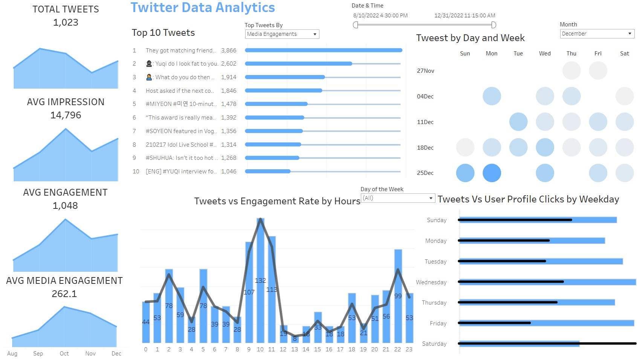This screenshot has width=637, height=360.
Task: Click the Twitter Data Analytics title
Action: [x=203, y=8]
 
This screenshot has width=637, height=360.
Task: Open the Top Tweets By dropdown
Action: [x=282, y=34]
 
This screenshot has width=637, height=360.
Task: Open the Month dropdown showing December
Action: [x=597, y=34]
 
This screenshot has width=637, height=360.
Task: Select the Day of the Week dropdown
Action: [x=398, y=198]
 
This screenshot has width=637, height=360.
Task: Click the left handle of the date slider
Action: [x=356, y=25]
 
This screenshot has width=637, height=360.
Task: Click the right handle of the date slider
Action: [x=493, y=25]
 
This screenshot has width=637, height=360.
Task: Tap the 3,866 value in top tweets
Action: [x=229, y=51]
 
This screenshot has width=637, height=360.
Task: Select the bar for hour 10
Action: [x=260, y=280]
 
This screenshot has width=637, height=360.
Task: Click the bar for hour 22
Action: [x=398, y=296]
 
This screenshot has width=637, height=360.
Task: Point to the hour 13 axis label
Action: [x=295, y=349]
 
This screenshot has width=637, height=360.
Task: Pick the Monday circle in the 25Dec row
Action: [x=492, y=173]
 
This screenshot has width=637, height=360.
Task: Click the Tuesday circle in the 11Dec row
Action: [x=518, y=122]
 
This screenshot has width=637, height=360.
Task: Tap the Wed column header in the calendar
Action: [x=545, y=54]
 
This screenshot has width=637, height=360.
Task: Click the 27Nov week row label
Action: [x=425, y=71]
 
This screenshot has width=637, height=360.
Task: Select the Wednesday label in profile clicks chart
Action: [x=431, y=282]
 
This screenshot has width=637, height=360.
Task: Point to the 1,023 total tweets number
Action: [x=66, y=23]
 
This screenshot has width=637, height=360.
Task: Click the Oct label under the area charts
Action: [x=64, y=354]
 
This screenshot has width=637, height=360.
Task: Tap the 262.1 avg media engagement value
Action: [x=64, y=294]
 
